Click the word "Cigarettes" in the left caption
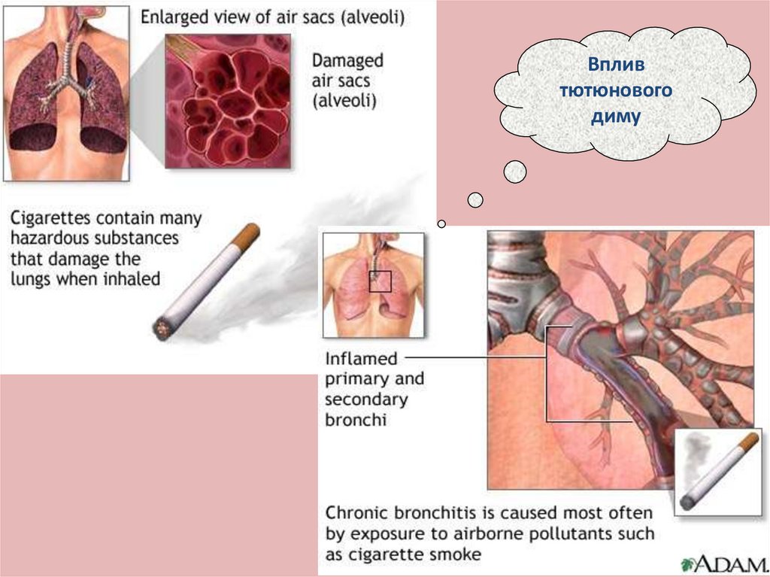coord(50,219)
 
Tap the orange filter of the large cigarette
coord(247,235)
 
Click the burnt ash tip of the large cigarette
coord(160,328)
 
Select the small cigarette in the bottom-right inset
coord(714,470)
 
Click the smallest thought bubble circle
coord(441,223)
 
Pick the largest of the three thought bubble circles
coord(515,172)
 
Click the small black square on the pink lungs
coord(380,281)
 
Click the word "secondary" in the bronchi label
coord(366,399)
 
